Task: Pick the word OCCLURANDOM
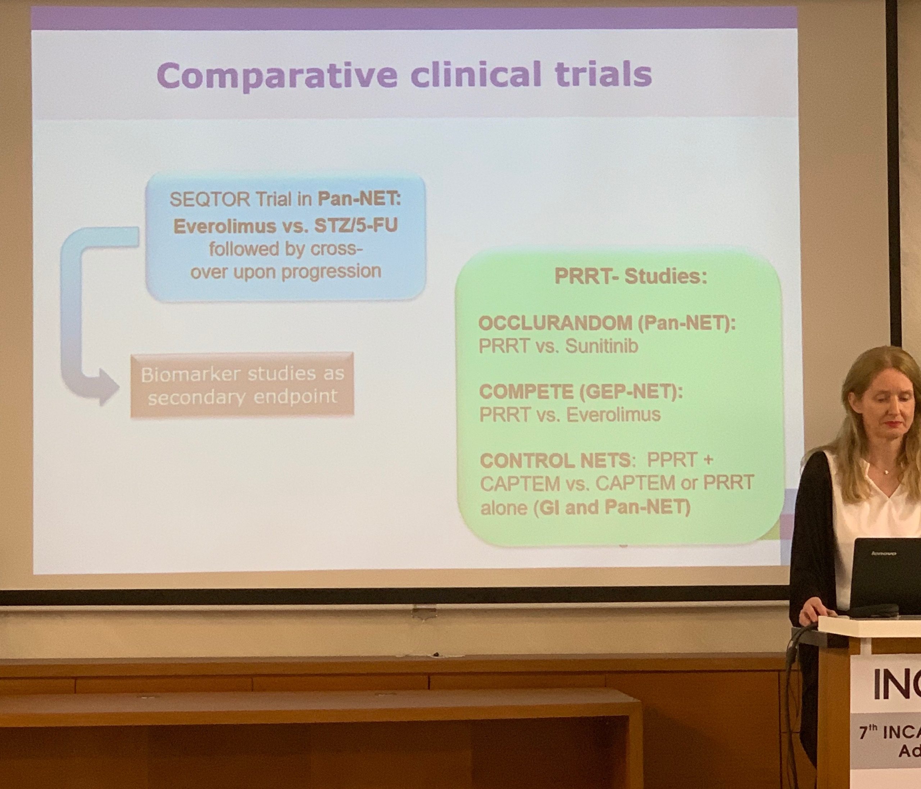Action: (x=555, y=323)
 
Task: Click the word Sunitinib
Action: (x=602, y=346)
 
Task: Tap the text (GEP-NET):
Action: (x=631, y=391)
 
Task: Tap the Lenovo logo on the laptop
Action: (x=883, y=553)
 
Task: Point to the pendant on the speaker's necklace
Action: (x=885, y=472)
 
